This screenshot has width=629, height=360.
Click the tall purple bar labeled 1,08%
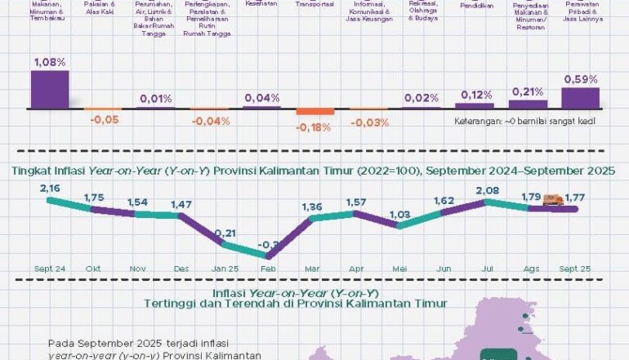pyautogui.click(x=50, y=89)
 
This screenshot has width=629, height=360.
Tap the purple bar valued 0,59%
pyautogui.click(x=580, y=98)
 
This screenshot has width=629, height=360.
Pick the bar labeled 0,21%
pyautogui.click(x=528, y=104)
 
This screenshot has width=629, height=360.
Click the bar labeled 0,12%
pyautogui.click(x=475, y=105)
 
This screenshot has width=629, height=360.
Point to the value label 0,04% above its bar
pyautogui.click(x=261, y=98)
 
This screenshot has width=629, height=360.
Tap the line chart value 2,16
pyautogui.click(x=50, y=188)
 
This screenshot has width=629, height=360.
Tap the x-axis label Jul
pyautogui.click(x=488, y=268)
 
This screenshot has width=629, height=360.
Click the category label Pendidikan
pyautogui.click(x=475, y=6)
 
